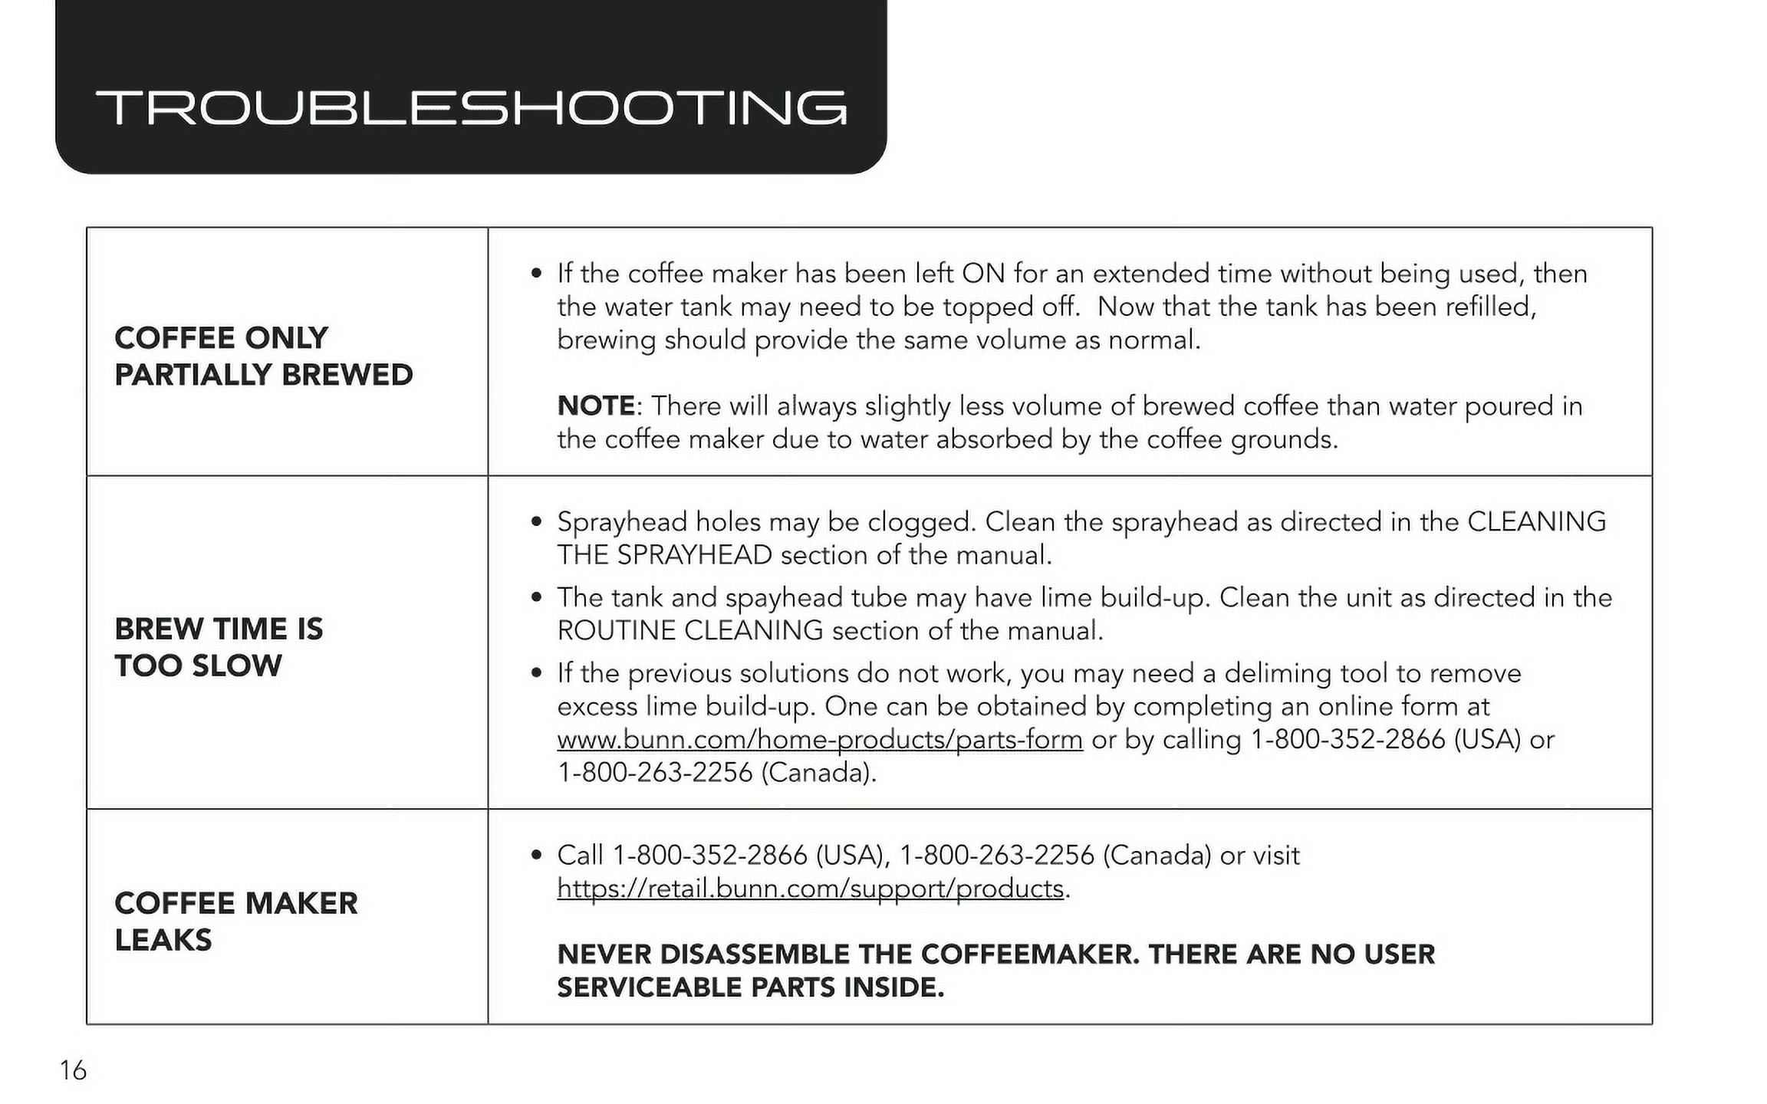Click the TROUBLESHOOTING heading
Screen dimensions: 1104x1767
[471, 107]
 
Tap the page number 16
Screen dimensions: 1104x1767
[73, 1070]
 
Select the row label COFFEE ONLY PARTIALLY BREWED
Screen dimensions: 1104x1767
[263, 356]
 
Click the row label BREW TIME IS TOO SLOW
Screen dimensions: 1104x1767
[219, 647]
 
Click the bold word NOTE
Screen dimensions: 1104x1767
[596, 406]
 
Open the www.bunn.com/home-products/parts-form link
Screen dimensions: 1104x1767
[819, 740]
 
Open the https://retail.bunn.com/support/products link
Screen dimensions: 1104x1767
[810, 889]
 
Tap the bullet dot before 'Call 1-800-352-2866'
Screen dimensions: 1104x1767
[537, 856]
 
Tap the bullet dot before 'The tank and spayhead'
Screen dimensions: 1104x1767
[537, 598]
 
